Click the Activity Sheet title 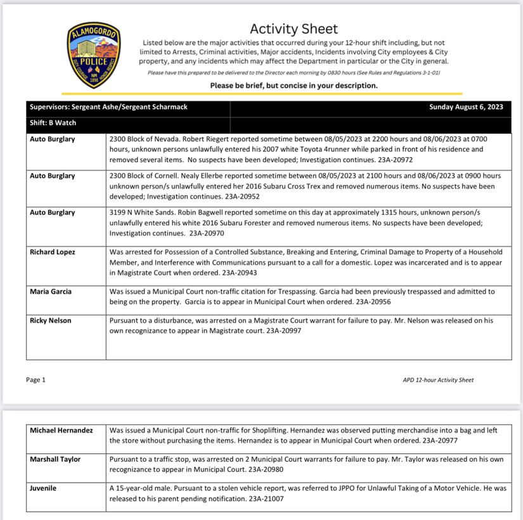point(294,29)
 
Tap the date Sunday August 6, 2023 point(466,107)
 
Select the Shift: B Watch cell point(53,123)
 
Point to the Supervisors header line point(108,107)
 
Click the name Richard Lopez point(53,252)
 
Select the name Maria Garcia point(51,291)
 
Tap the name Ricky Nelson point(51,320)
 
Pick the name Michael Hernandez point(61,430)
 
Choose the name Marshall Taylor point(56,459)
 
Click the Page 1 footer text point(36,380)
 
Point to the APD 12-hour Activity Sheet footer point(438,380)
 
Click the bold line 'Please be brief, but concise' point(294,86)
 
